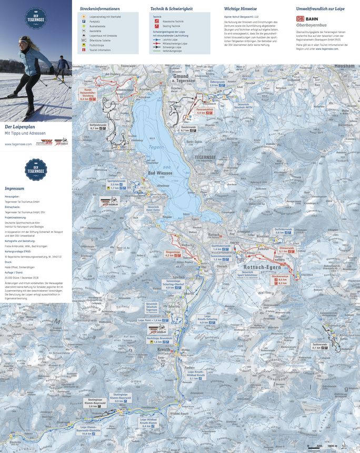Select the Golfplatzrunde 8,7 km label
(x=98, y=127)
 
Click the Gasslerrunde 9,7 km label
(x=188, y=129)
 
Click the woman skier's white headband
(x=23, y=38)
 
